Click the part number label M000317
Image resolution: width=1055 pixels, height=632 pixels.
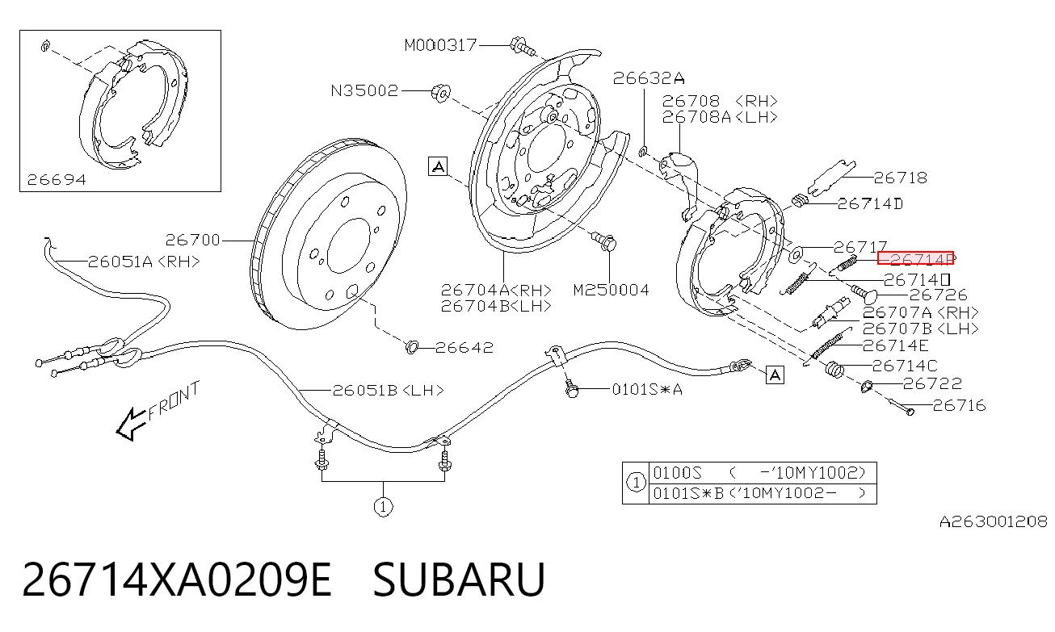coord(441,45)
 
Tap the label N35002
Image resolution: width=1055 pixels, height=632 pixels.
coord(364,90)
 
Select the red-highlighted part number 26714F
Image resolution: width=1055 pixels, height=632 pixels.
coord(915,258)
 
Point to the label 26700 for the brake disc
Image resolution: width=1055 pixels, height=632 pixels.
coord(192,241)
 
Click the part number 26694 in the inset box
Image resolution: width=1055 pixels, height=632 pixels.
coord(57,180)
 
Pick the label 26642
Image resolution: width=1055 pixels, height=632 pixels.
coord(464,348)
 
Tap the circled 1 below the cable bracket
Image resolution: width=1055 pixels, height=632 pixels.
coord(383,507)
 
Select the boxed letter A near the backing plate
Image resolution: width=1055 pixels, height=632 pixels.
coord(438,166)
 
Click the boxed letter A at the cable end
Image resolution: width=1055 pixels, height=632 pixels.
coord(775,375)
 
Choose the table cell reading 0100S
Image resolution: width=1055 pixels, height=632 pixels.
coord(678,472)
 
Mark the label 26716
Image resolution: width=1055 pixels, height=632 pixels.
coord(959,406)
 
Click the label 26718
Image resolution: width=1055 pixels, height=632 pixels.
coord(901,178)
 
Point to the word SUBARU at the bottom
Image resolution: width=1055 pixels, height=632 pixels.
coord(459,580)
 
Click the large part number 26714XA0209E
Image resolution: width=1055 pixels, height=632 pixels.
coord(177,580)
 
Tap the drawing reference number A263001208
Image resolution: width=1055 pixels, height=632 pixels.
coord(994,521)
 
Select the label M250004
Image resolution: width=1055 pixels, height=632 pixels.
coord(612,290)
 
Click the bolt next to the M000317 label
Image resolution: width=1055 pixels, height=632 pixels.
coord(523,46)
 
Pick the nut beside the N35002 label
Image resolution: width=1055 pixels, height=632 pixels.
coord(441,93)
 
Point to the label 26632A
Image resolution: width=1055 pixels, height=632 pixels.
coord(649,78)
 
